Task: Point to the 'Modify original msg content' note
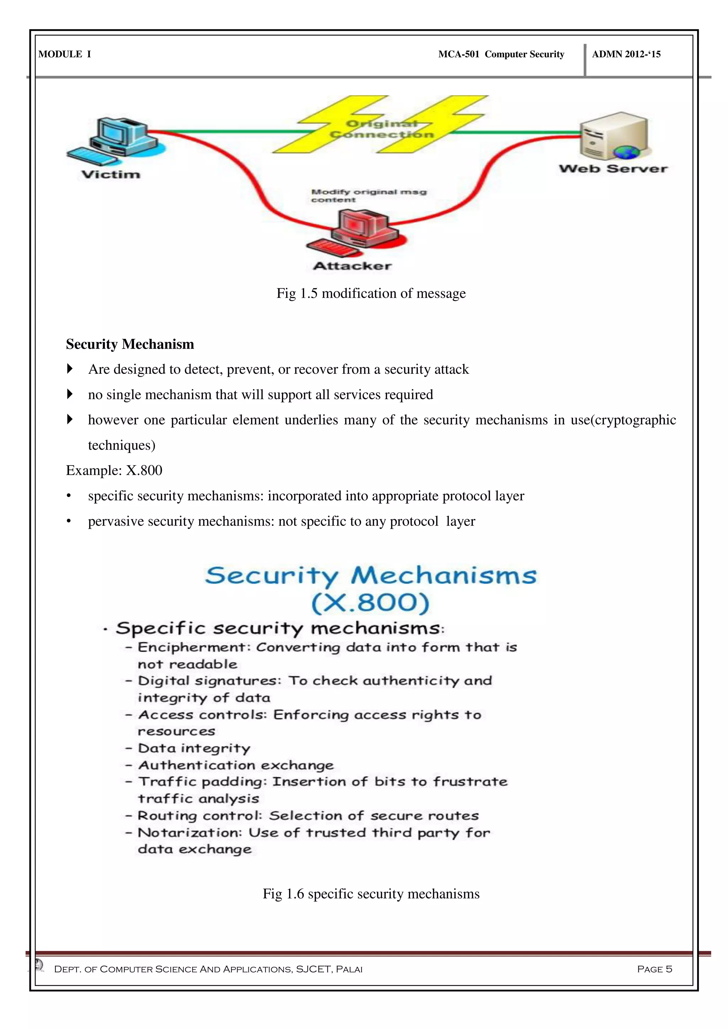(369, 195)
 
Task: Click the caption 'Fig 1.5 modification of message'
(371, 293)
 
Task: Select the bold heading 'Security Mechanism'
(130, 344)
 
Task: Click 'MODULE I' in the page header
(65, 54)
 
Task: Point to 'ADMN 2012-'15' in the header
(626, 54)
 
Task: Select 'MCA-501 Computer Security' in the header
(501, 54)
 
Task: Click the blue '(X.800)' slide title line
(370, 603)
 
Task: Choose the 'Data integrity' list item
(194, 748)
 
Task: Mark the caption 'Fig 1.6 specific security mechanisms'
(371, 894)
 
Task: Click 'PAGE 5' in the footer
(654, 969)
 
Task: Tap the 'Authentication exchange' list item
(236, 765)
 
